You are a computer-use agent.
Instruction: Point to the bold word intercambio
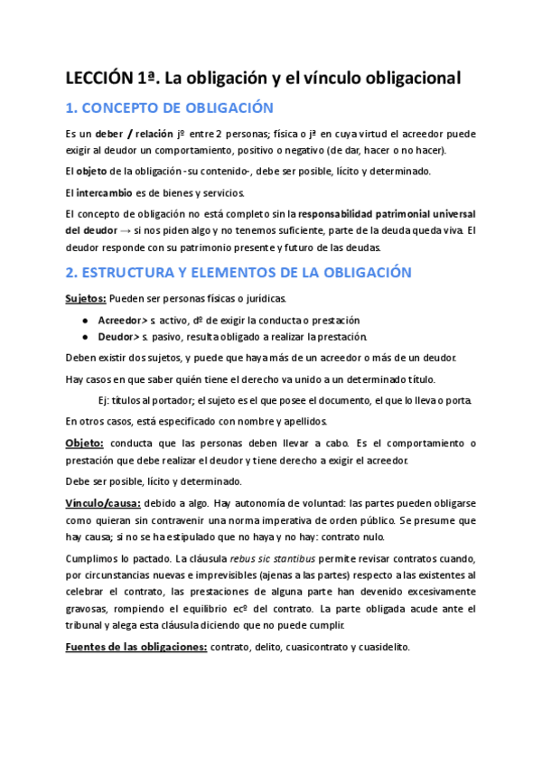coord(105,192)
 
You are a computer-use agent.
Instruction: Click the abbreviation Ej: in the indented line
coord(104,400)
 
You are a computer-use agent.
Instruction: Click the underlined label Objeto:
coord(85,443)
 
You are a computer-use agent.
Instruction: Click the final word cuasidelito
coord(385,647)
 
